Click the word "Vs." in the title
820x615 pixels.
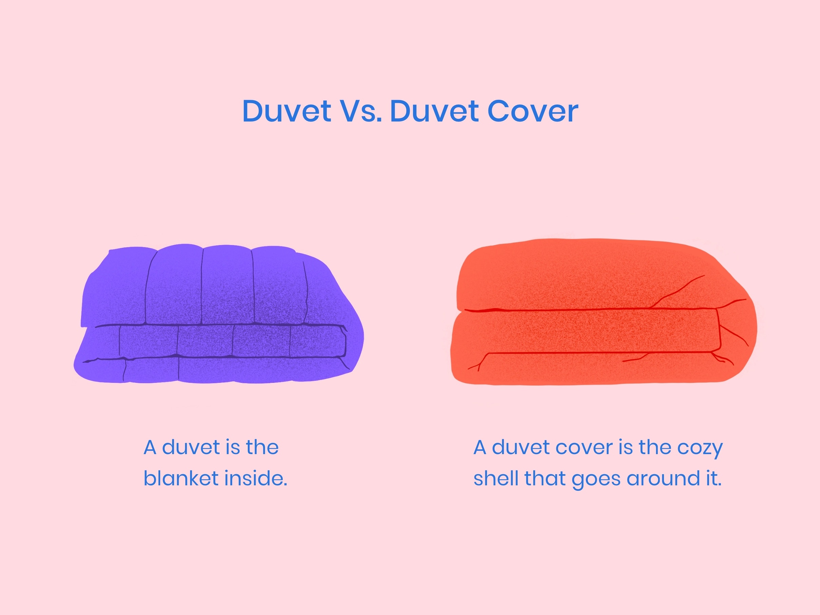(x=361, y=111)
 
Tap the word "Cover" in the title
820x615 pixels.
(x=533, y=111)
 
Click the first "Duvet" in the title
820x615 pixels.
(x=286, y=111)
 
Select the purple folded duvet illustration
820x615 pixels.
(x=219, y=314)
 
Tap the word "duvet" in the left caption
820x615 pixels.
(x=191, y=447)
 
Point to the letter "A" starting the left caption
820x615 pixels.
(x=150, y=447)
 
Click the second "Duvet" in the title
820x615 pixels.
(x=434, y=111)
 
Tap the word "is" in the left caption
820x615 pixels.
(x=232, y=447)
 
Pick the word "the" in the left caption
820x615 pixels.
(x=262, y=447)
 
